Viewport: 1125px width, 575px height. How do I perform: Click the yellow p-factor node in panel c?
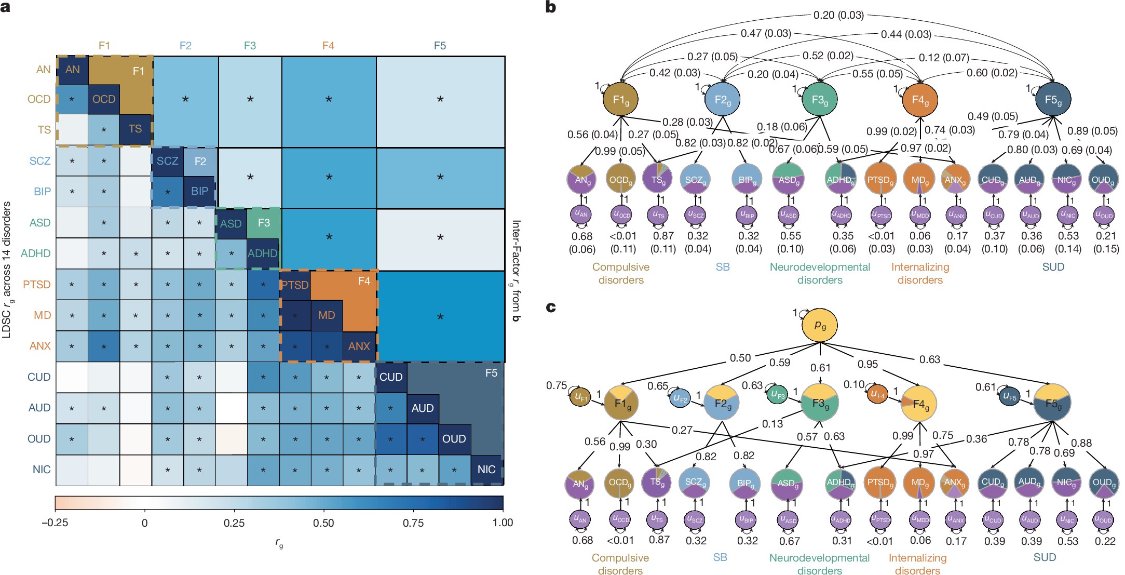820,326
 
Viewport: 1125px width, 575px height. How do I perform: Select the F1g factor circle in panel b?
620,99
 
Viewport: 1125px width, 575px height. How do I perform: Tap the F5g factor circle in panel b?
1053,99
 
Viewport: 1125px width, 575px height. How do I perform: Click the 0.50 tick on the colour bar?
323,523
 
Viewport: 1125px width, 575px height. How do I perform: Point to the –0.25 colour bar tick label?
55,523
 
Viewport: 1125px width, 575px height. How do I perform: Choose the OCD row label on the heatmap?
39,99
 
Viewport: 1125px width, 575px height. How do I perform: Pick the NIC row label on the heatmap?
42,470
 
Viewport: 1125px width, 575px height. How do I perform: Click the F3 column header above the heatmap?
250,46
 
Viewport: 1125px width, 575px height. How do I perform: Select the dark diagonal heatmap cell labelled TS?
135,129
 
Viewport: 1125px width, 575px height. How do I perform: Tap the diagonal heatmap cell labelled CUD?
391,377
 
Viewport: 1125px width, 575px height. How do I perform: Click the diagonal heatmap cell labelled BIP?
199,191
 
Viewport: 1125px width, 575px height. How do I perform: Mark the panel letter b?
551,7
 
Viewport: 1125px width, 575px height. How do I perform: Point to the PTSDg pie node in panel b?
880,179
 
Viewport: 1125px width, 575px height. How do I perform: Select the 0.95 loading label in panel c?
868,364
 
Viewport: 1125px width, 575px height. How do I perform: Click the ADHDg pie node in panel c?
841,483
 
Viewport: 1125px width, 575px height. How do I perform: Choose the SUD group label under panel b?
1053,267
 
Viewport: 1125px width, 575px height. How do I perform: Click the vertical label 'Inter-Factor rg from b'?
516,271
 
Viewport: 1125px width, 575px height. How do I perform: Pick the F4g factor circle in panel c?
919,404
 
